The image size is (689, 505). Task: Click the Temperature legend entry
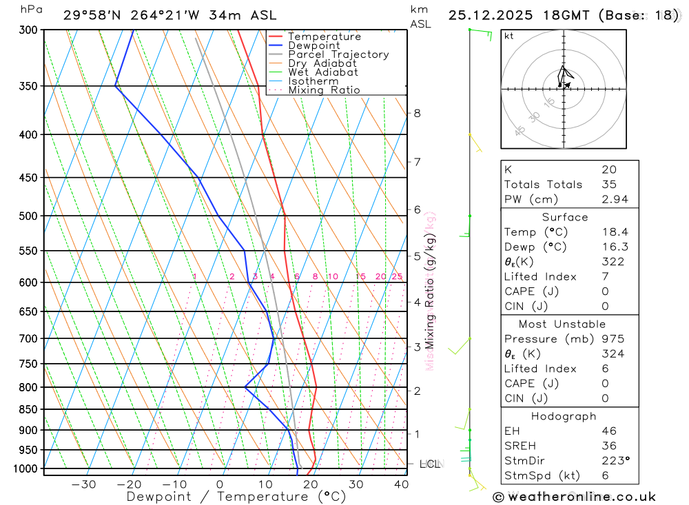pos(324,37)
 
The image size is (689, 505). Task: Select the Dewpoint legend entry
pos(313,45)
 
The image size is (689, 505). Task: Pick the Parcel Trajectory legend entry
pos(338,54)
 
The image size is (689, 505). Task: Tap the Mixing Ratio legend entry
pos(324,90)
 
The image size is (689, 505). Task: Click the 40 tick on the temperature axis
pos(401,484)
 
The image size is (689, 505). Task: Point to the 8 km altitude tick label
pos(417,113)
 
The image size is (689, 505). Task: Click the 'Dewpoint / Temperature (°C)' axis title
pos(236,497)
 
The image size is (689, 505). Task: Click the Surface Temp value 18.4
pos(614,232)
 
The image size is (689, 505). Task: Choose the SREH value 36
pos(608,446)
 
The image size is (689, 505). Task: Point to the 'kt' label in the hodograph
pos(509,37)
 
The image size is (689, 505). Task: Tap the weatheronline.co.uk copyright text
pos(574,497)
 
